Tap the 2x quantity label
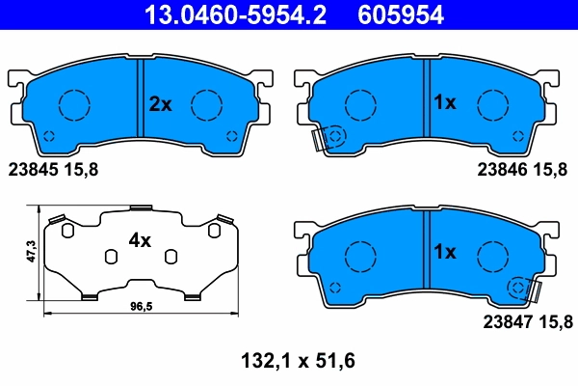click(x=160, y=104)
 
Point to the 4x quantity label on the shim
click(x=141, y=241)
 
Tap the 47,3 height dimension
click(x=31, y=253)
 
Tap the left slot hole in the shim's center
click(x=111, y=256)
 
